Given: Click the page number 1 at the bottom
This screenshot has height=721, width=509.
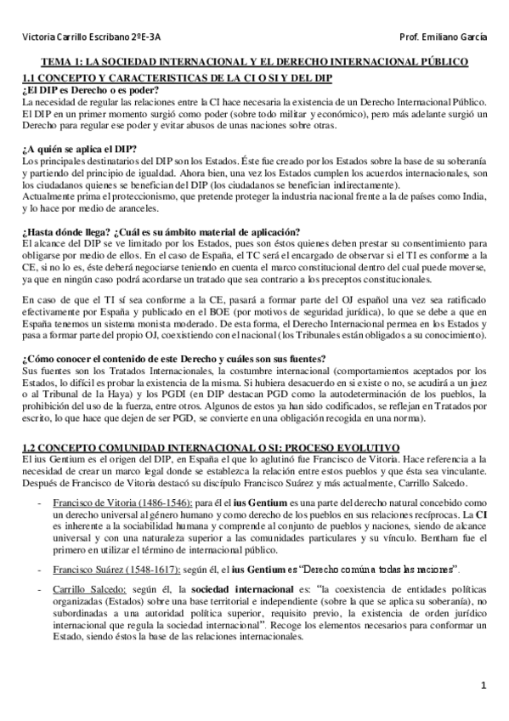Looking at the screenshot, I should tap(482, 685).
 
